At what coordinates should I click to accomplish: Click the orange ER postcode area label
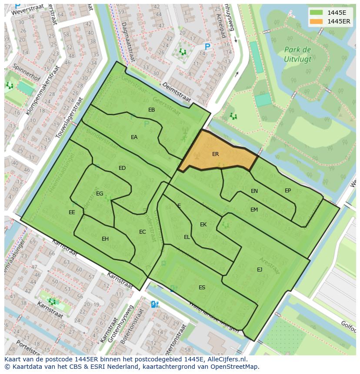[x=215, y=154]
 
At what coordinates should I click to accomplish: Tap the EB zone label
[x=151, y=110]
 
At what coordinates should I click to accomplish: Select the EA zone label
[x=134, y=137]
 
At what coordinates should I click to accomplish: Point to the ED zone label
[x=122, y=168]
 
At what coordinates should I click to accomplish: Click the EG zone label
[x=100, y=194]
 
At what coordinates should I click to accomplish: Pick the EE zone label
[x=72, y=212]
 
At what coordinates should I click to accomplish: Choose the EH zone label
[x=105, y=239]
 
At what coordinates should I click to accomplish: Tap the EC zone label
[x=142, y=232]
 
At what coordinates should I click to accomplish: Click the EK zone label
[x=203, y=225]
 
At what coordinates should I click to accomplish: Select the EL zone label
[x=187, y=237]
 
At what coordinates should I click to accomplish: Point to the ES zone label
[x=202, y=288]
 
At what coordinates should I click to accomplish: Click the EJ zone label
[x=260, y=270]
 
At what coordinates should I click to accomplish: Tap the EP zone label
[x=288, y=191]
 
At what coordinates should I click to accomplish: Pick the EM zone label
[x=254, y=210]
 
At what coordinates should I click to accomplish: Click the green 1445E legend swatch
[x=316, y=13]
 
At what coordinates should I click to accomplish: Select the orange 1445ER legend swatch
[x=316, y=21]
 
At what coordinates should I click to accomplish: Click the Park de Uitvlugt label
[x=297, y=53]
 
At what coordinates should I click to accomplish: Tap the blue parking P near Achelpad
[x=207, y=46]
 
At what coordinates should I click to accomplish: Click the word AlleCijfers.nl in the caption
[x=226, y=359]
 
